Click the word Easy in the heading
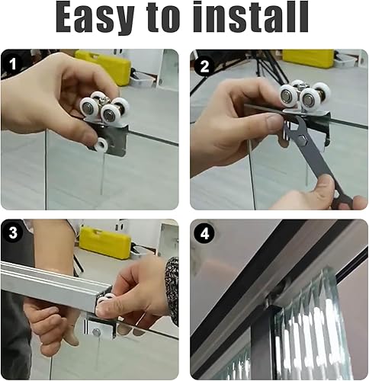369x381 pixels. point(95,18)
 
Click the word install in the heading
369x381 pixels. point(251,17)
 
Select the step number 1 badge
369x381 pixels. point(12,64)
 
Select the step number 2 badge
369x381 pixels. point(204,67)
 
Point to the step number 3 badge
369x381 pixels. point(13,232)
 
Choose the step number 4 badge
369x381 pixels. point(204,233)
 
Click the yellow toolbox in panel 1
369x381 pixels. point(104,66)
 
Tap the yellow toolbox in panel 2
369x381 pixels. point(308,59)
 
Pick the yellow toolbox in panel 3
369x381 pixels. point(105,242)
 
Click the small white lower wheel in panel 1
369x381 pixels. point(101,146)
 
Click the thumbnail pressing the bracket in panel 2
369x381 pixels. point(274,122)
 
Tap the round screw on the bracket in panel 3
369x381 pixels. point(96,331)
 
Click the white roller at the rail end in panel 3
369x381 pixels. point(104,299)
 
